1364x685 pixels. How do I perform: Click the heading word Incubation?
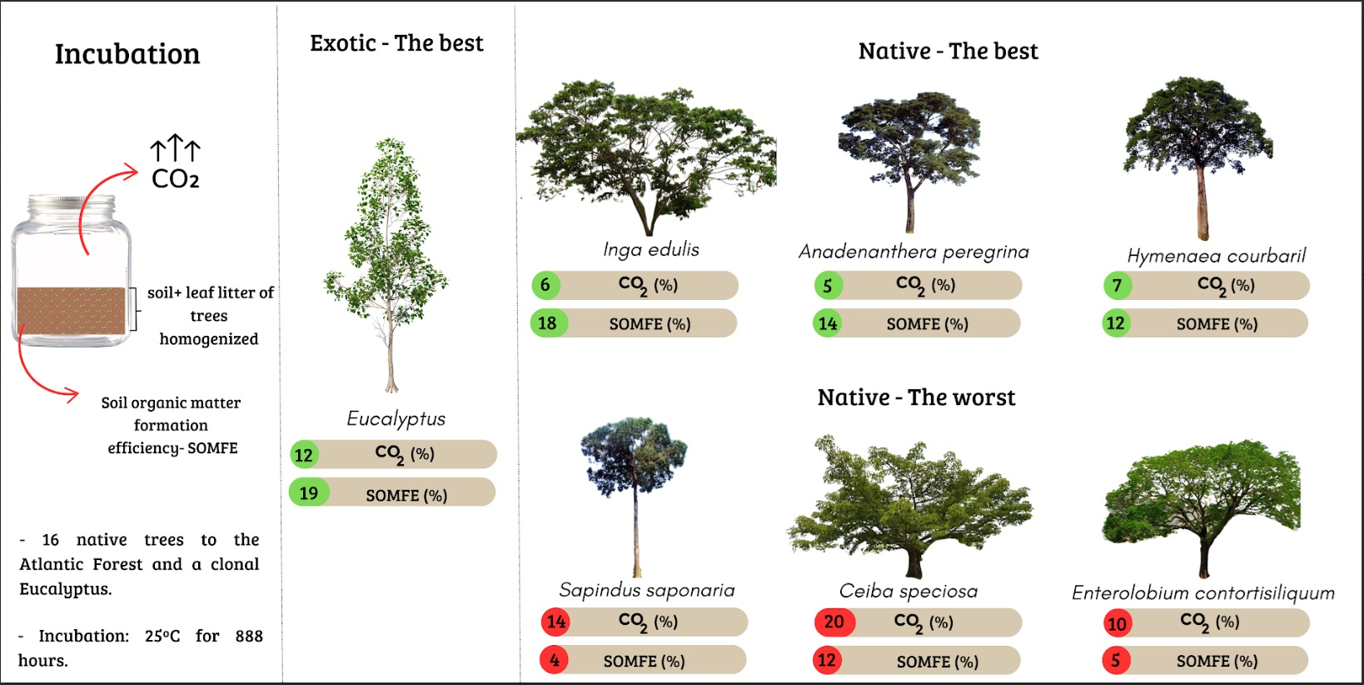127,53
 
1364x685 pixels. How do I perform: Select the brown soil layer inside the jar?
72,310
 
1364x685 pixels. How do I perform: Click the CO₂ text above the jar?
176,179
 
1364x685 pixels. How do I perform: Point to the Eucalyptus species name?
396,418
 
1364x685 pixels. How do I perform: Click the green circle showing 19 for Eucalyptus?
309,492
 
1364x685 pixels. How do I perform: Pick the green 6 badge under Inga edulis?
545,285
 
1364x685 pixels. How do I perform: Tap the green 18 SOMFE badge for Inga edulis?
548,323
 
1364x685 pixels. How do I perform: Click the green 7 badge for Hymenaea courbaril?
1118,285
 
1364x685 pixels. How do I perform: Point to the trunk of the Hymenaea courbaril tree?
1202,201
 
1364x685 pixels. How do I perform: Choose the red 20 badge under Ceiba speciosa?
835,622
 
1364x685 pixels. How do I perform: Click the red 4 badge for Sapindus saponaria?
554,660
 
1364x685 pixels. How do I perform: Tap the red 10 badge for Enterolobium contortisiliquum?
1118,623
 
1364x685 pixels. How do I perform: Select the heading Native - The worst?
917,397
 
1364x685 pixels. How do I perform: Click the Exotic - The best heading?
396,43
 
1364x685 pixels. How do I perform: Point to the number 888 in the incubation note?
249,636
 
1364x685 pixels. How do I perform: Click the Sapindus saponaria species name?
647,591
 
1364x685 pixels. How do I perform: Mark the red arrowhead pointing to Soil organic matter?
72,394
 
